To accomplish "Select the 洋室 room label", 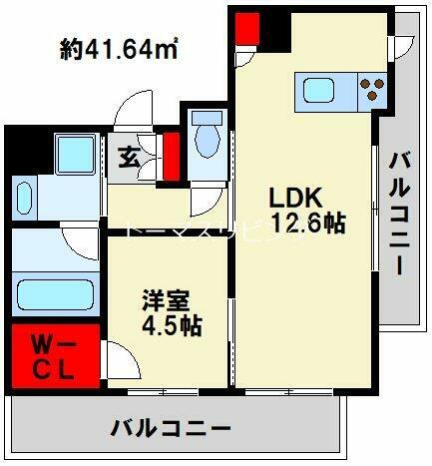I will click(x=160, y=299).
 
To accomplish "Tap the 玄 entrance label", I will click(x=130, y=158).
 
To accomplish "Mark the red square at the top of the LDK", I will click(x=244, y=30).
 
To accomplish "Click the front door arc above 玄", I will click(x=128, y=113).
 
